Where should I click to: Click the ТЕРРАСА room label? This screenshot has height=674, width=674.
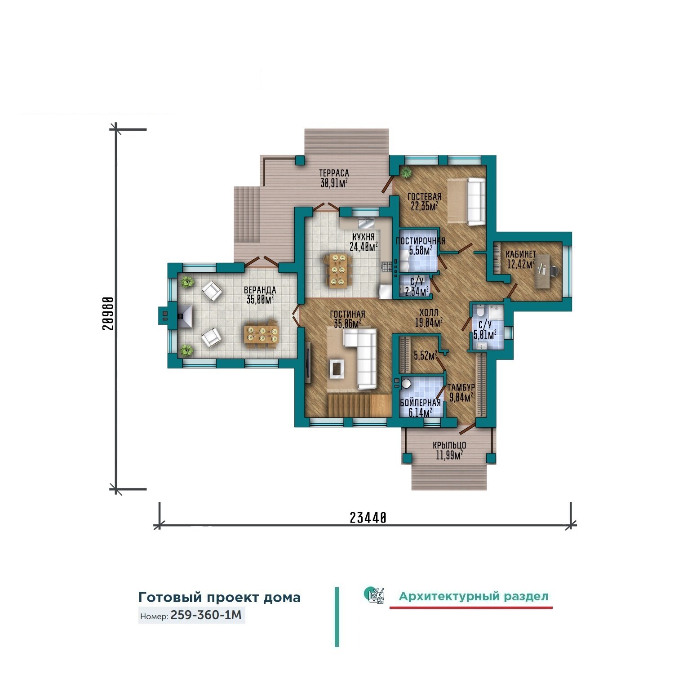[x=334, y=173]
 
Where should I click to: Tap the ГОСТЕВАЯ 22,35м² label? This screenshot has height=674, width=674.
[x=424, y=201]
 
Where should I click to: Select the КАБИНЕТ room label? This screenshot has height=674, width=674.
[x=521, y=254]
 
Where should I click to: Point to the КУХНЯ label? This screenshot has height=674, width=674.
[x=363, y=237]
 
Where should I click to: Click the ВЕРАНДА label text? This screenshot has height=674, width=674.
[x=260, y=290]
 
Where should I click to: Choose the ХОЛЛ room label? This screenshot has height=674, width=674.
[x=429, y=313]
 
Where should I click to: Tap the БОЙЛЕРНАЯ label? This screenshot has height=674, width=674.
[x=421, y=403]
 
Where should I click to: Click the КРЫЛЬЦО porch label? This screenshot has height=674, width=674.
[x=449, y=445]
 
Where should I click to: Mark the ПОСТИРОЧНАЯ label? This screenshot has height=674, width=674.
[x=421, y=241]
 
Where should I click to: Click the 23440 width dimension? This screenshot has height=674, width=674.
[x=368, y=518]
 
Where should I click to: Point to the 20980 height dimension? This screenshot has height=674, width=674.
[x=107, y=313]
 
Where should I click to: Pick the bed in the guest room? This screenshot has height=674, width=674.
[x=466, y=201]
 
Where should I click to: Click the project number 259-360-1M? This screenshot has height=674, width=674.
[x=206, y=615]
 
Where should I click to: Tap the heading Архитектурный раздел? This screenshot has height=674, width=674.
[x=474, y=596]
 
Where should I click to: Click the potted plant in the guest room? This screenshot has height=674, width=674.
[x=407, y=172]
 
